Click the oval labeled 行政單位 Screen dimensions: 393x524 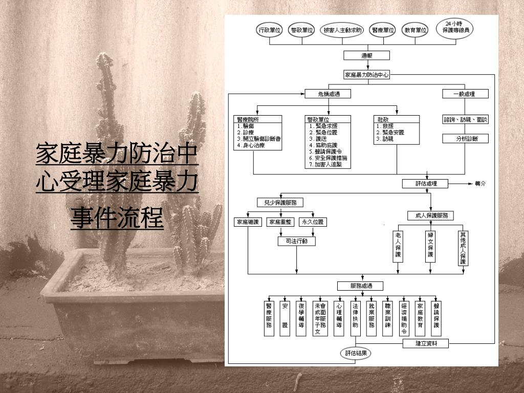point(269,30)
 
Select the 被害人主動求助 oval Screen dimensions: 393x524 point(342,30)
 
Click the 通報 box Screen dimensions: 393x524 point(366,55)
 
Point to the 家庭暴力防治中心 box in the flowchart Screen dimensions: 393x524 point(367,75)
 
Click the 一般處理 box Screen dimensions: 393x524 point(465,94)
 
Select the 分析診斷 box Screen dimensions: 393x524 point(465,139)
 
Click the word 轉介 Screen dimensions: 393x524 point(480,184)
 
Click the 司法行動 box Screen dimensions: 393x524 point(297,241)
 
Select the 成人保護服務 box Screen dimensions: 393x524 point(431,215)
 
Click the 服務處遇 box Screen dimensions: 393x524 point(360,286)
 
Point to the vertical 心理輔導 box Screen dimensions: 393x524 point(339,317)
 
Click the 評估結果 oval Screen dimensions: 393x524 point(355,353)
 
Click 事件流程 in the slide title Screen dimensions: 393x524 point(117,219)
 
